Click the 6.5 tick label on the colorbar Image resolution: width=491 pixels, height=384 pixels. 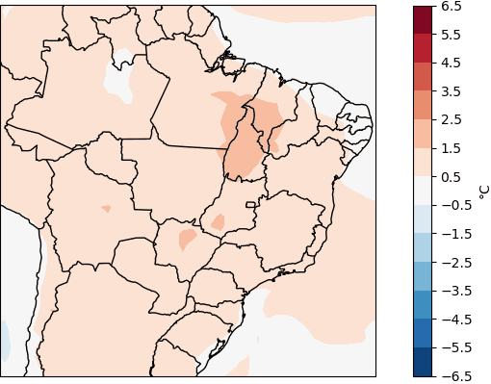tap(451, 6)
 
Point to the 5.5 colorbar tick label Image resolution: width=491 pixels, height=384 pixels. tap(451, 35)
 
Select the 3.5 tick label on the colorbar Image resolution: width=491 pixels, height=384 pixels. tap(451, 91)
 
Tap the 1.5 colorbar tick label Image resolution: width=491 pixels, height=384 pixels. tap(451, 148)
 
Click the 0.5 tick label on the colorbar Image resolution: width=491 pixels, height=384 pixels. tap(451, 176)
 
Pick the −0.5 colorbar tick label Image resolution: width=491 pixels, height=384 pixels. tap(453, 205)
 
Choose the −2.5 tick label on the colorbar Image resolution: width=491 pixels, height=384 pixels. tap(453, 262)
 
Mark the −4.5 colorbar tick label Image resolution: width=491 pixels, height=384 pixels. tap(453, 319)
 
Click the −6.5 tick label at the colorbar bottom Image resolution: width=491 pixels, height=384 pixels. tap(453, 375)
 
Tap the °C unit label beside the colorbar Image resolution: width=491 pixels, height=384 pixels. tap(483, 191)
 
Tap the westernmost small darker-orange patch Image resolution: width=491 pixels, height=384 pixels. tap(106, 209)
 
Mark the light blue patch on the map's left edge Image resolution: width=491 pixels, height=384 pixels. tap(4, 339)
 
